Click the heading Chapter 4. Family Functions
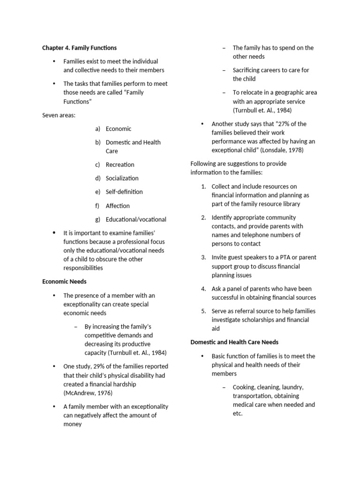pyautogui.click(x=79, y=48)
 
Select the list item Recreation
pyautogui.click(x=120, y=165)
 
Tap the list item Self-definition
pyautogui.click(x=124, y=192)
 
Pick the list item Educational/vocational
pyautogui.click(x=136, y=219)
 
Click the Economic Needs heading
pyautogui.click(x=64, y=282)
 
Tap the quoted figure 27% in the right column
pyautogui.click(x=286, y=124)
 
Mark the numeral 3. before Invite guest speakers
pyautogui.click(x=204, y=257)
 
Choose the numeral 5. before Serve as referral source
pyautogui.click(x=204, y=311)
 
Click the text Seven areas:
pyautogui.click(x=59, y=115)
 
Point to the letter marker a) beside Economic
pyautogui.click(x=97, y=129)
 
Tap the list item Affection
pyautogui.click(x=118, y=205)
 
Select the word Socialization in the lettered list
pyautogui.click(x=122, y=178)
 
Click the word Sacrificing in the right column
pyautogui.click(x=248, y=70)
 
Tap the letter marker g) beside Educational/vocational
pyautogui.click(x=97, y=219)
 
